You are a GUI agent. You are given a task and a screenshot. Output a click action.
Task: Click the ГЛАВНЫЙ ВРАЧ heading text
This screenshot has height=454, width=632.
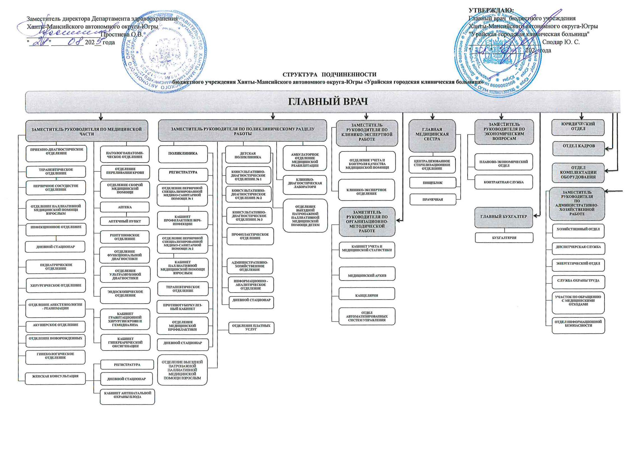[x=328, y=101]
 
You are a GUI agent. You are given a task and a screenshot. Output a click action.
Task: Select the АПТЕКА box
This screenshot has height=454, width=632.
[x=125, y=207]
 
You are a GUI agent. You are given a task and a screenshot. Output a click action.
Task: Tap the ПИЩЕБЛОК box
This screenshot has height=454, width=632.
[x=433, y=183]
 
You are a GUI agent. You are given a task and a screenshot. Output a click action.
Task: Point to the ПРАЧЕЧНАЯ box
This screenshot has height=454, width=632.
[x=433, y=200]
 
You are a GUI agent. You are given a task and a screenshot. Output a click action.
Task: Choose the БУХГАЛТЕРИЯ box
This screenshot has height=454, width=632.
[x=504, y=238]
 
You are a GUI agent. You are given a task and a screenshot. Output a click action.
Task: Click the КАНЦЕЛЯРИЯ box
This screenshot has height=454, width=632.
[x=367, y=296]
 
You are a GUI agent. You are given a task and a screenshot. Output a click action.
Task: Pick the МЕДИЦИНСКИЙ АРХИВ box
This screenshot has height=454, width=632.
[x=367, y=276]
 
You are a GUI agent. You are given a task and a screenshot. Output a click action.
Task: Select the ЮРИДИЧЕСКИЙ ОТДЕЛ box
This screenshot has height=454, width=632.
[x=578, y=126]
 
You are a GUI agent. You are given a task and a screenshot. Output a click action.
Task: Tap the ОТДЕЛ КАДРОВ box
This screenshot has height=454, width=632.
[x=579, y=146]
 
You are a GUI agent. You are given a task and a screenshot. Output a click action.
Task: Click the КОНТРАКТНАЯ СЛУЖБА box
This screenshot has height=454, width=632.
[x=503, y=182]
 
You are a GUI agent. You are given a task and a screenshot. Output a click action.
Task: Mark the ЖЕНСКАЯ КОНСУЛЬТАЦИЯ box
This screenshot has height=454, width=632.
[x=55, y=376]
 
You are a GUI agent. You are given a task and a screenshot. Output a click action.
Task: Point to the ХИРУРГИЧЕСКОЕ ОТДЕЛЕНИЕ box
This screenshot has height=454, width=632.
[x=56, y=286]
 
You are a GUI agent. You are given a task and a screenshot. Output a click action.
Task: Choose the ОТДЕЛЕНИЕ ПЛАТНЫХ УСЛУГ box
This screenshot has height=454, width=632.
[x=251, y=328]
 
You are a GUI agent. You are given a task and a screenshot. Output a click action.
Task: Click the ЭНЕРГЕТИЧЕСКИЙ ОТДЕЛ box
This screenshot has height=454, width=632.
[x=578, y=264]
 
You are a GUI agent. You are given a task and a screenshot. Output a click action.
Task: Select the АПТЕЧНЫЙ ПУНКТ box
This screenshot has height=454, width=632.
[x=125, y=221]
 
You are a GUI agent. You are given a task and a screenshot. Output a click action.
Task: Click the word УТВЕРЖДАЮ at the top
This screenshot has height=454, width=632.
[x=491, y=10]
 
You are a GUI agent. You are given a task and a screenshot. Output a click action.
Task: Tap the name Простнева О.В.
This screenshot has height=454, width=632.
[x=122, y=35]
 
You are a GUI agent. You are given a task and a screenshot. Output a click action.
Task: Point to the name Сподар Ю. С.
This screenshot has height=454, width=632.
[x=561, y=42]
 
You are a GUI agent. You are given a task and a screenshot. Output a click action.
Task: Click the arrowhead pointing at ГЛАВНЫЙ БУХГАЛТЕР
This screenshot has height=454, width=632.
[x=535, y=216]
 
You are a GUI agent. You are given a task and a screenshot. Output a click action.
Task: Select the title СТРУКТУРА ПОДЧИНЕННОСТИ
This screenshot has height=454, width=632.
[x=329, y=75]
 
